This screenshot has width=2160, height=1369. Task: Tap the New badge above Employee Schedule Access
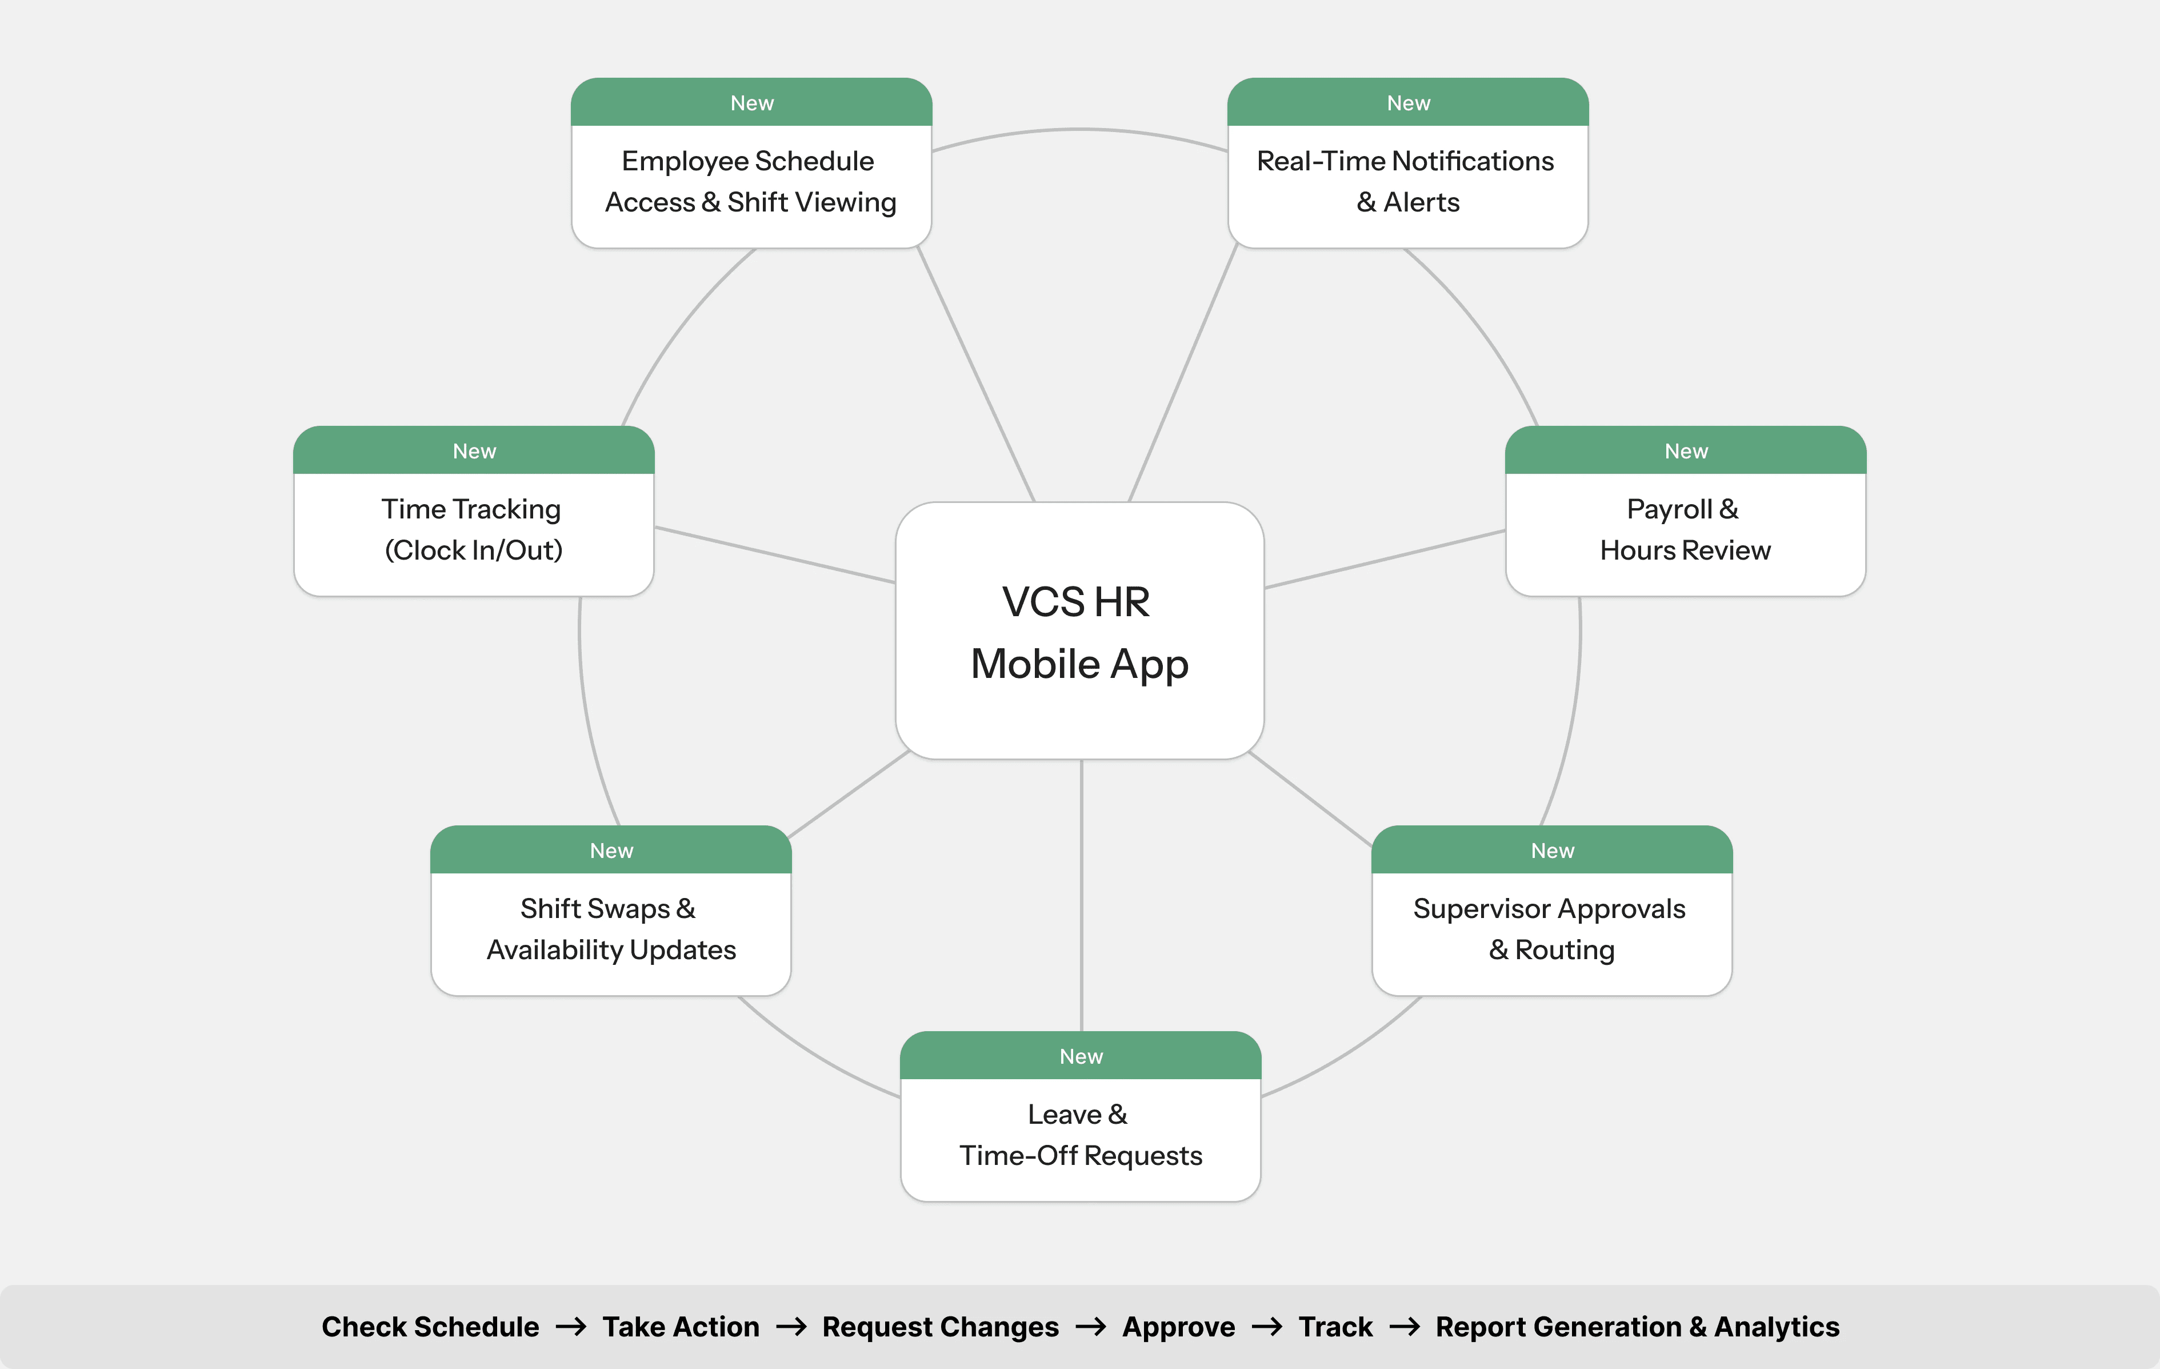pyautogui.click(x=751, y=102)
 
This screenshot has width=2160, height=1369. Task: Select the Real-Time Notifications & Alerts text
pyautogui.click(x=1406, y=181)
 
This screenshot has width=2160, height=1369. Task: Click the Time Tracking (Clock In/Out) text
pyautogui.click(x=473, y=529)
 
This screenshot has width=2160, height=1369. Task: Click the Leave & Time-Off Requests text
pyautogui.click(x=1080, y=1135)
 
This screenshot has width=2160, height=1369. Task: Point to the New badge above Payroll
pyautogui.click(x=1686, y=450)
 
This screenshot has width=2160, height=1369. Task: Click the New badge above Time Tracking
pyautogui.click(x=474, y=450)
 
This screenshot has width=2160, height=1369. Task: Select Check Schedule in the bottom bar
pyautogui.click(x=430, y=1327)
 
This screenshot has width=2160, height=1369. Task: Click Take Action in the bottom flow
pyautogui.click(x=681, y=1327)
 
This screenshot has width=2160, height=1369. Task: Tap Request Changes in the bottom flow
pyautogui.click(x=940, y=1327)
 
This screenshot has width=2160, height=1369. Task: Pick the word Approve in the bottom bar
pyautogui.click(x=1179, y=1327)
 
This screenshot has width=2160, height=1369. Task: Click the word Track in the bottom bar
pyautogui.click(x=1335, y=1327)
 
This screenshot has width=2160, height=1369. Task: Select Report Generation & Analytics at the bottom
pyautogui.click(x=1637, y=1327)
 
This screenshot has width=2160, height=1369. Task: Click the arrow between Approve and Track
pyautogui.click(x=1267, y=1327)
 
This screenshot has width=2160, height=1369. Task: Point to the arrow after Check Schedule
pyautogui.click(x=570, y=1327)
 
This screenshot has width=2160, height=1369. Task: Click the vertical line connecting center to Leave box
pyautogui.click(x=1082, y=897)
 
